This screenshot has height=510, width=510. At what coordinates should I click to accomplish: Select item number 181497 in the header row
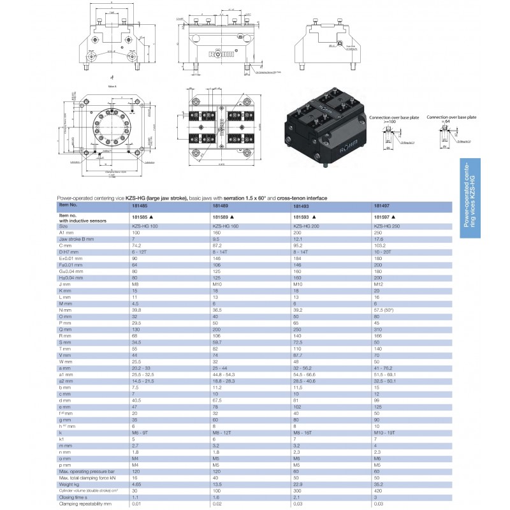click(381, 206)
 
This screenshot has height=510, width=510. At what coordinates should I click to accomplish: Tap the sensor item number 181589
click(220, 217)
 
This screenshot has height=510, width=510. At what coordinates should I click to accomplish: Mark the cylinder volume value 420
click(379, 491)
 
